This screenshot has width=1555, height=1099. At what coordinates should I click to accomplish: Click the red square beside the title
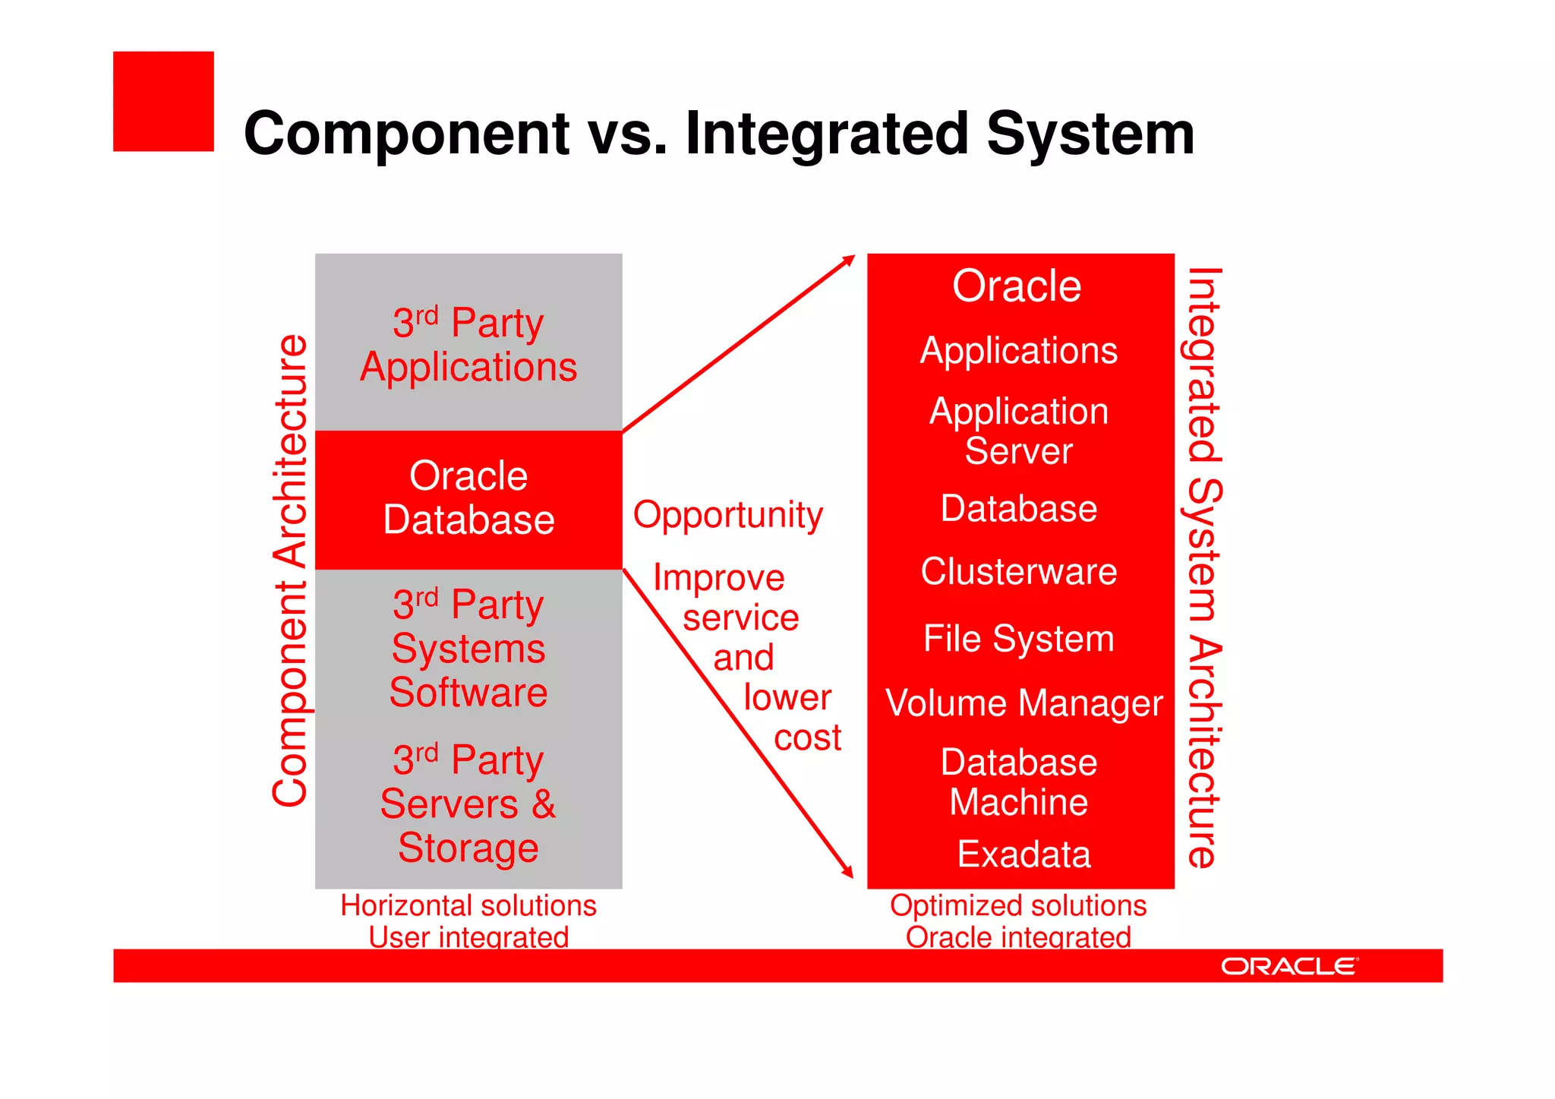click(x=163, y=102)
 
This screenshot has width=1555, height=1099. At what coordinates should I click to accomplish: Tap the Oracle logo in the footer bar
click(x=1288, y=966)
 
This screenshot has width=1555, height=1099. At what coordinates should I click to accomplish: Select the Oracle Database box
click(x=468, y=499)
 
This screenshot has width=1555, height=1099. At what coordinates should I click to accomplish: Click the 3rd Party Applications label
click(x=468, y=345)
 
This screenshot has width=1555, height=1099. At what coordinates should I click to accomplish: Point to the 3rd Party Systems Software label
click(x=468, y=649)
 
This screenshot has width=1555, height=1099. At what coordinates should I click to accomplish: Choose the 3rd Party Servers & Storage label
click(x=468, y=804)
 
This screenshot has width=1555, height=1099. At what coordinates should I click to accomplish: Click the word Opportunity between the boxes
click(x=727, y=516)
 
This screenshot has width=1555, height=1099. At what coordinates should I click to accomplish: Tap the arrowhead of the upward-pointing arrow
click(x=848, y=261)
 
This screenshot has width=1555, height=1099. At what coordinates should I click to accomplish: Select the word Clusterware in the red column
click(x=1019, y=572)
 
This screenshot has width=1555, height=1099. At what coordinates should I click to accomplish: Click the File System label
click(x=1019, y=639)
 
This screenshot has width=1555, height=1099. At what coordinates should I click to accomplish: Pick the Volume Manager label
click(x=1024, y=703)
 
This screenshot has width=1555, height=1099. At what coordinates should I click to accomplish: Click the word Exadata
click(x=1024, y=854)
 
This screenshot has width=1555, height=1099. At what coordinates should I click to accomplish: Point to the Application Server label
click(x=1019, y=431)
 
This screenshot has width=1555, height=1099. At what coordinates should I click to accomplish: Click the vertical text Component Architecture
click(x=290, y=570)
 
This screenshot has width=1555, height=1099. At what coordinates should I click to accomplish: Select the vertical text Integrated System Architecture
click(x=1203, y=567)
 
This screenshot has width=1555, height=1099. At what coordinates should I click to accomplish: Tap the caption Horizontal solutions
click(x=468, y=905)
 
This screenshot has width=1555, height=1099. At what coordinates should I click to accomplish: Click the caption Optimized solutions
click(x=1018, y=905)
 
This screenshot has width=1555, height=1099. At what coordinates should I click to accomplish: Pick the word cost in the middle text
click(x=807, y=738)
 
